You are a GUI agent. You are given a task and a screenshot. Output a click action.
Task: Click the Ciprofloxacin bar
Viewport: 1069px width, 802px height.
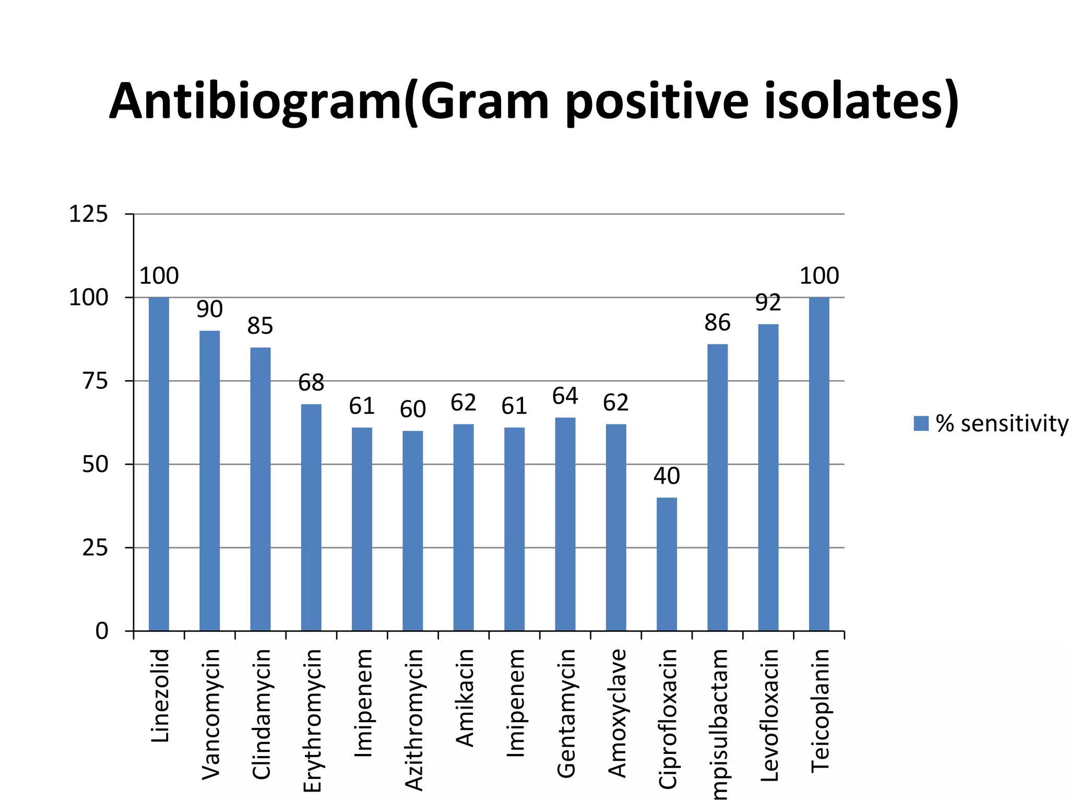pyautogui.click(x=667, y=564)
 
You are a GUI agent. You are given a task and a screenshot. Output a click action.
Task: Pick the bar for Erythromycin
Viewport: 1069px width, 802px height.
pyautogui.click(x=311, y=517)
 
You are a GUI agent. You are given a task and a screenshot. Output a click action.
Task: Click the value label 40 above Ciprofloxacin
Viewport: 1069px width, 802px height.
pyautogui.click(x=667, y=476)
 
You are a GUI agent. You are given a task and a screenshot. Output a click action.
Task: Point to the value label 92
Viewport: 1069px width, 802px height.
pyautogui.click(x=768, y=302)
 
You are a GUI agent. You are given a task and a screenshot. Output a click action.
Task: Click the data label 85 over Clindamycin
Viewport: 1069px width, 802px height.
pyautogui.click(x=260, y=326)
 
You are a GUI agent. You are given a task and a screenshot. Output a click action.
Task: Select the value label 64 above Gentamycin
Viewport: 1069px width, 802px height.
pyautogui.click(x=565, y=396)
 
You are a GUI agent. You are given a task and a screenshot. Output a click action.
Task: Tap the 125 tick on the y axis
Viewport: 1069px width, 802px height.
pyautogui.click(x=88, y=214)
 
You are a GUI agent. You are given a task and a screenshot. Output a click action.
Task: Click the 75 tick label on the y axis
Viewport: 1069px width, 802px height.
pyautogui.click(x=95, y=381)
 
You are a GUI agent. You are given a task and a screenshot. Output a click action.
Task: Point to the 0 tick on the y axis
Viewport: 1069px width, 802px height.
pyautogui.click(x=102, y=631)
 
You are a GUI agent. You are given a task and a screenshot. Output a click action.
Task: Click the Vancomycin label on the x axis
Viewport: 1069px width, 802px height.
pyautogui.click(x=210, y=714)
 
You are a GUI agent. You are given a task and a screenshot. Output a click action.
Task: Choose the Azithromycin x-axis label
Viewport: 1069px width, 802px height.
pyautogui.click(x=413, y=720)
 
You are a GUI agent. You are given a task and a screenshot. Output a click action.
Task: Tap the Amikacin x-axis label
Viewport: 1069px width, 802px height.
pyautogui.click(x=464, y=698)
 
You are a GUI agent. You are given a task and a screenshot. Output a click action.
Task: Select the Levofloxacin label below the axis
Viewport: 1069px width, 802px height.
pyautogui.click(x=769, y=715)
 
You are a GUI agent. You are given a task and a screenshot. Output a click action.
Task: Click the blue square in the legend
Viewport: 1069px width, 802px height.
pyautogui.click(x=921, y=423)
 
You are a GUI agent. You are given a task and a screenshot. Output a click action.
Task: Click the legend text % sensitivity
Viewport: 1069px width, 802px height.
pyautogui.click(x=1002, y=423)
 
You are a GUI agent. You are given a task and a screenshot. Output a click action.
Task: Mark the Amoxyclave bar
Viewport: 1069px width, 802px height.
pyautogui.click(x=616, y=527)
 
